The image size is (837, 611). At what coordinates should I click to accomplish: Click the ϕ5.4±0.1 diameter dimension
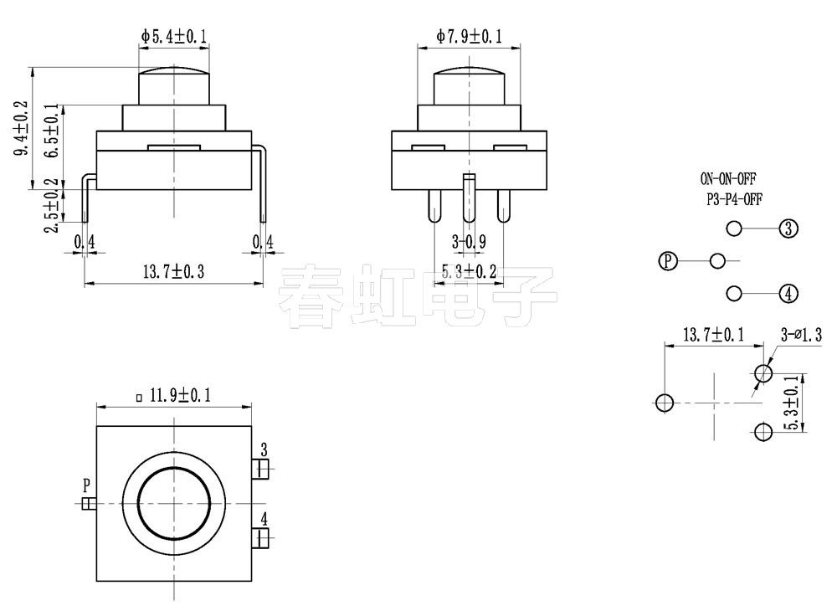(x=174, y=36)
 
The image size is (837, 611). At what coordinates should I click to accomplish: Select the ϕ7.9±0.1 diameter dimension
(x=470, y=36)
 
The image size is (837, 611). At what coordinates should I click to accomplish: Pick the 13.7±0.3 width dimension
(x=174, y=272)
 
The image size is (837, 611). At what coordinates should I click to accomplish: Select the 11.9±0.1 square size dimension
(x=174, y=395)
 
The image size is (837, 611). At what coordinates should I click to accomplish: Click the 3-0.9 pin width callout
(x=470, y=243)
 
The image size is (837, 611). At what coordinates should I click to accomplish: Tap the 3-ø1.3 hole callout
(x=801, y=336)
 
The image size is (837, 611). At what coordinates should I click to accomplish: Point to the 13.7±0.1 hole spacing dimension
(x=713, y=335)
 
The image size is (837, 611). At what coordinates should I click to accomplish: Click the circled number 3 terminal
(x=788, y=228)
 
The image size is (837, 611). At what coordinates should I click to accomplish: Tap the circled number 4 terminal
(x=788, y=294)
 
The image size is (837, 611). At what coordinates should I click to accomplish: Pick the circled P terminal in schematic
(x=667, y=261)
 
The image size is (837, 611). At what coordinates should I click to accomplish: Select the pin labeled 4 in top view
(x=263, y=537)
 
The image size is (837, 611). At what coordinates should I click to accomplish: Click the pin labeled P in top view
(x=89, y=502)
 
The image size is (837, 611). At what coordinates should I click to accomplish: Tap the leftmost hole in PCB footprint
(x=665, y=403)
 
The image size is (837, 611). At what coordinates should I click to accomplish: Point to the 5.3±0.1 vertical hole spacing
(x=789, y=403)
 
